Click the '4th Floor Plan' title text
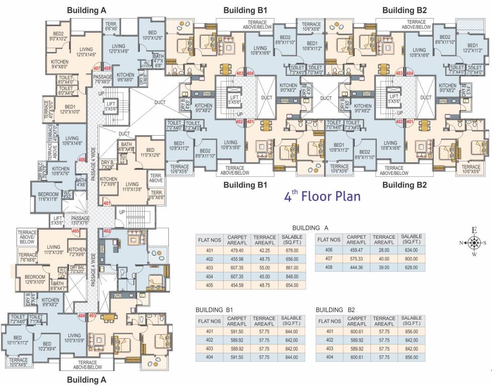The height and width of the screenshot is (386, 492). pos(322,196)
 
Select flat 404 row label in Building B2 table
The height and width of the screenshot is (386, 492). pos(330,357)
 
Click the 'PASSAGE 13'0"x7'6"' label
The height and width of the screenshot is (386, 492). pos(80,221)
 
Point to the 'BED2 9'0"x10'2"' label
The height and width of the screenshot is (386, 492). pos(58,35)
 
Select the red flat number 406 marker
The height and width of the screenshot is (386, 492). pos(82,160)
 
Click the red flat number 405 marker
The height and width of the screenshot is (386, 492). pos(76,231)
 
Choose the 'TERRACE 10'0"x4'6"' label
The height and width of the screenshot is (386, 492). pos(19,362)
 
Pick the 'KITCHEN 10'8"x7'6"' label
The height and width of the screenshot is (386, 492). pos(60,171)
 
